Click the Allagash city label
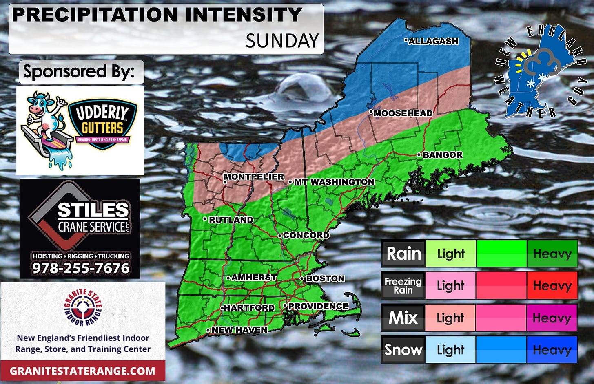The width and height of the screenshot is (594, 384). (x=433, y=41)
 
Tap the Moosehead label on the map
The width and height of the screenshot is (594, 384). (x=403, y=113)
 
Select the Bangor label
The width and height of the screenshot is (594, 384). (x=442, y=155)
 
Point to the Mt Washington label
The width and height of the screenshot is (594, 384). (x=334, y=182)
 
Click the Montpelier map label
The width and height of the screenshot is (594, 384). (x=254, y=177)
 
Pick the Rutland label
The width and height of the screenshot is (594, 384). (x=231, y=220)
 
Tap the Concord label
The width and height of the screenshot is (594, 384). (x=306, y=235)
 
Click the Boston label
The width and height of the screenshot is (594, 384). (x=325, y=278)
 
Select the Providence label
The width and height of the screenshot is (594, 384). (x=318, y=306)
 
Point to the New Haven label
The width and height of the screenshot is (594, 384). (x=239, y=330)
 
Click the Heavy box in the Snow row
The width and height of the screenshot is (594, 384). (x=552, y=350)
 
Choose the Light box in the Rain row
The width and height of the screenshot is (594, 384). (x=450, y=254)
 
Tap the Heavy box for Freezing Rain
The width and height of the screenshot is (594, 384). (x=552, y=285)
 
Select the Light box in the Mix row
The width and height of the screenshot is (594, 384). (x=450, y=318)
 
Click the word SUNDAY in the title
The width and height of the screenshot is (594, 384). (x=282, y=41)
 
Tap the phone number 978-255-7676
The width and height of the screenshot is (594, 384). (x=81, y=268)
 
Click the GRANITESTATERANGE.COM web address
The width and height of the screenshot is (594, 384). (x=82, y=371)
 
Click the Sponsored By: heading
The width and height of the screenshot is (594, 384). (x=79, y=72)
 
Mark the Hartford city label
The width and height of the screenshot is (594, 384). (x=249, y=308)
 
